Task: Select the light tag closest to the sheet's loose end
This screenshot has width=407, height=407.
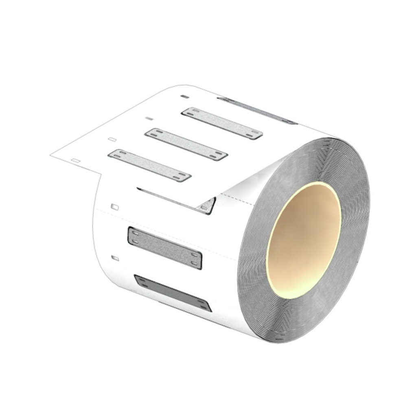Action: click(150, 165)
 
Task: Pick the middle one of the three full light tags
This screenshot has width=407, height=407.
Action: click(186, 144)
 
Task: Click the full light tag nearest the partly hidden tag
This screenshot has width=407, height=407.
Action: click(222, 123)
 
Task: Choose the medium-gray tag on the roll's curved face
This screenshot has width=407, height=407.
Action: click(165, 248)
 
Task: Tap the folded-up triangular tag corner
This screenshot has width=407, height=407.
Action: click(208, 206)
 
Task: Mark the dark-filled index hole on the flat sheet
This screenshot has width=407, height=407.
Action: click(184, 97)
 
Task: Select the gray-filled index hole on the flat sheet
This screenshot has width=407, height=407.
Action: click(149, 118)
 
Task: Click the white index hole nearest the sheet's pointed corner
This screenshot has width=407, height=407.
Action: click(75, 161)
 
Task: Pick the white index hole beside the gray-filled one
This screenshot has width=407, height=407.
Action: click(112, 140)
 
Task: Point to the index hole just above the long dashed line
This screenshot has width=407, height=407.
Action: click(115, 207)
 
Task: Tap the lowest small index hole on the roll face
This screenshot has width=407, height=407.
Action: click(115, 258)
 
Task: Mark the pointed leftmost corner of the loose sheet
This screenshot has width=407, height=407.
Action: click(51, 155)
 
